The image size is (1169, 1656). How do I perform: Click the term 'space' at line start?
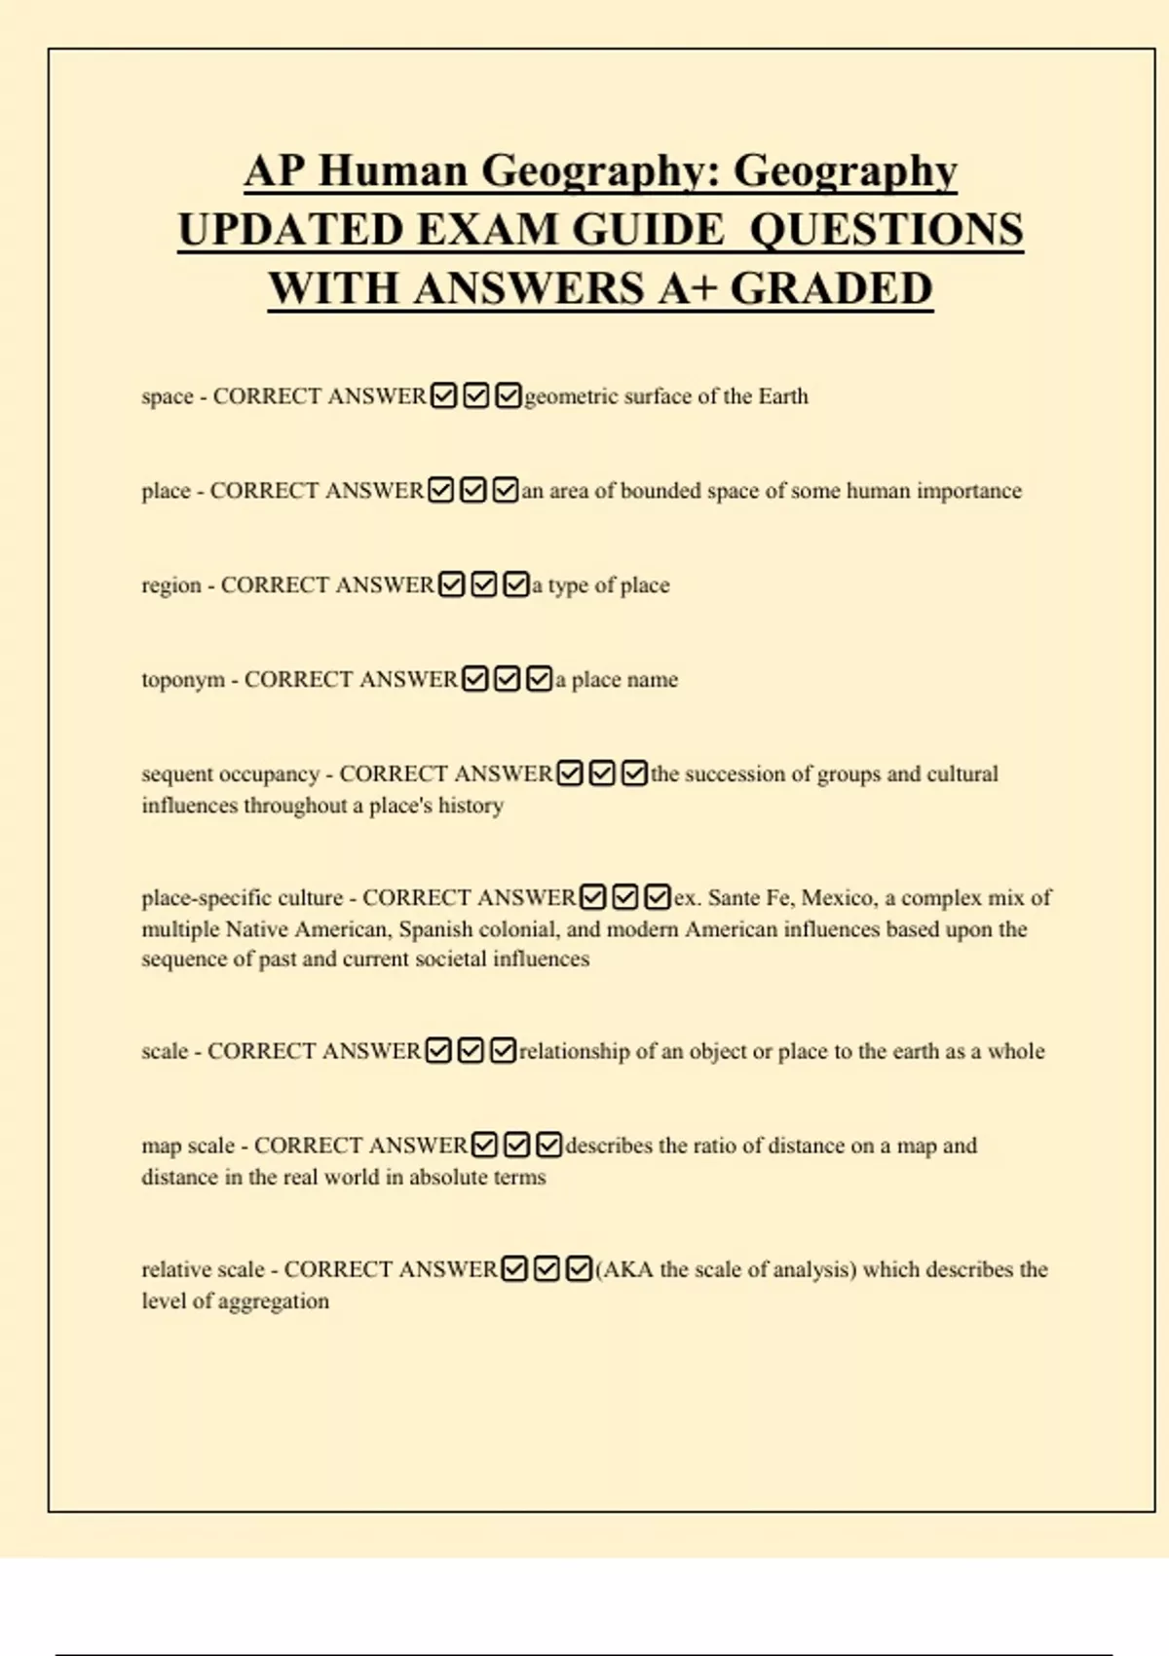tap(168, 396)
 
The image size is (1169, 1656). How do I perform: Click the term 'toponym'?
tap(183, 679)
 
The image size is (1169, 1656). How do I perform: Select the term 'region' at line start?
tap(171, 585)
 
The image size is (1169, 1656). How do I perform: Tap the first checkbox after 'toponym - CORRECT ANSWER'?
tap(474, 678)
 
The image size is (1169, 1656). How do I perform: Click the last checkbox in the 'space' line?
tap(508, 395)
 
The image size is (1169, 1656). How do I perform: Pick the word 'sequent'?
tap(176, 774)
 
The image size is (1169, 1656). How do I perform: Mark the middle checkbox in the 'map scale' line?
tap(517, 1145)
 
